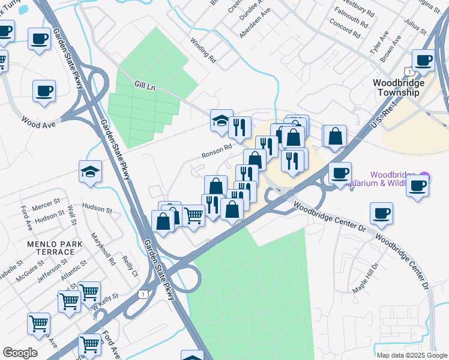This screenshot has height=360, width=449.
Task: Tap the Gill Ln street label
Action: tap(145, 88)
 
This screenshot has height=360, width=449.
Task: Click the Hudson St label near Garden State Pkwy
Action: tap(97, 210)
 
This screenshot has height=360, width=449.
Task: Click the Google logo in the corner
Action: tap(20, 352)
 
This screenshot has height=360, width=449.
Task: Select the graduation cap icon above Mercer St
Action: tap(91, 172)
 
